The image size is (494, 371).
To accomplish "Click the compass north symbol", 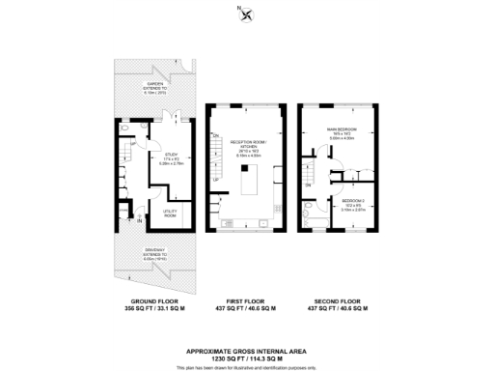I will [x=247, y=14].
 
